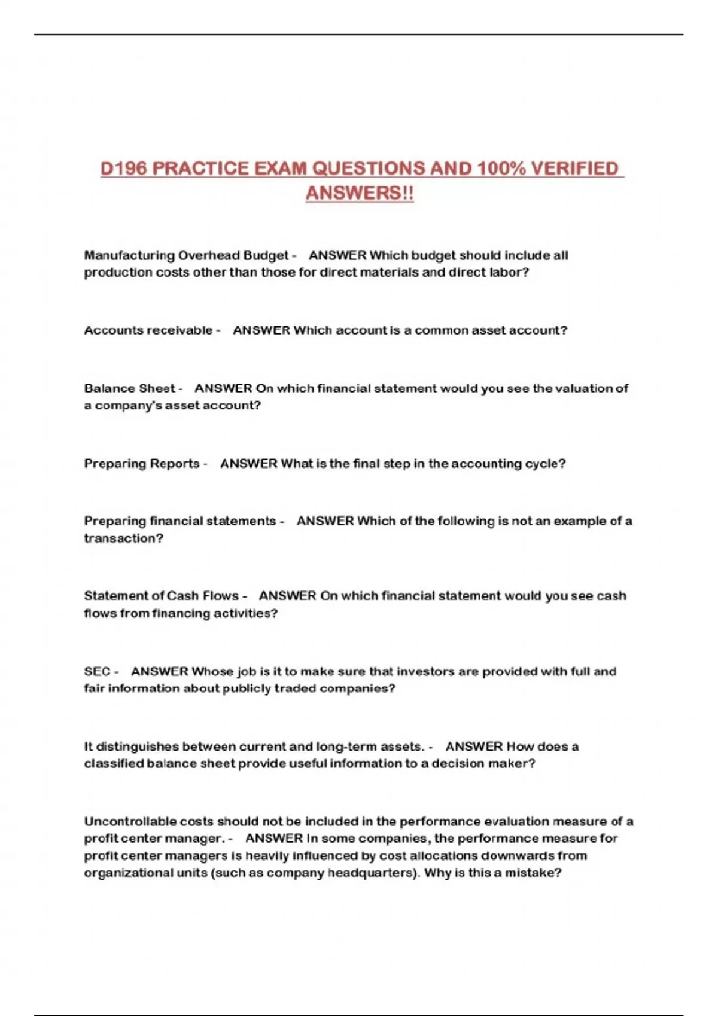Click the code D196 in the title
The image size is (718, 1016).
[x=123, y=169]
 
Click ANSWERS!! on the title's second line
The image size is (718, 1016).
[x=360, y=193]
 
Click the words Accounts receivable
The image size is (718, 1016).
[x=148, y=330]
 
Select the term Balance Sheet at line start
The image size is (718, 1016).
[x=129, y=388]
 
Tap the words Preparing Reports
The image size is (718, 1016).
[x=142, y=464]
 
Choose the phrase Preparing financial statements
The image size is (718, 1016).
[x=180, y=521]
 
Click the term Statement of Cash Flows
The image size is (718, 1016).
[x=161, y=596]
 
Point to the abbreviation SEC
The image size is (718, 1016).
[x=97, y=671]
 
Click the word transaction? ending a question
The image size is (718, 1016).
[x=123, y=538]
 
